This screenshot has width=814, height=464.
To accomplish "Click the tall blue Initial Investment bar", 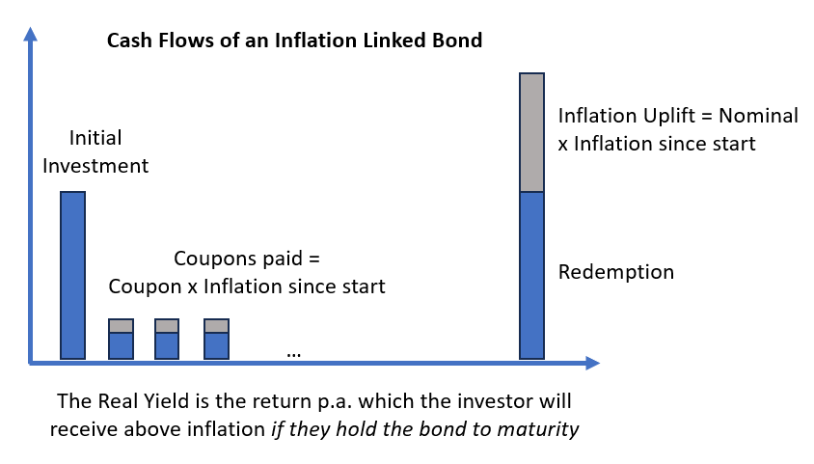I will pyautogui.click(x=72, y=275).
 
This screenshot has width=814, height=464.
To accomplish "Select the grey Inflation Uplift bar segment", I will pyautogui.click(x=532, y=132).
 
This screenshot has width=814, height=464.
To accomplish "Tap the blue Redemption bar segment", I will pyautogui.click(x=532, y=275).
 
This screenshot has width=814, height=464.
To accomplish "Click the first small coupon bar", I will pyautogui.click(x=121, y=339).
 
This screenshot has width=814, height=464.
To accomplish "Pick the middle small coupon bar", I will pyautogui.click(x=167, y=339).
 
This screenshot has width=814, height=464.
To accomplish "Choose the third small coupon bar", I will pyautogui.click(x=216, y=339).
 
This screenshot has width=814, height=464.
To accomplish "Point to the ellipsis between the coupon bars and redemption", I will pyautogui.click(x=294, y=353).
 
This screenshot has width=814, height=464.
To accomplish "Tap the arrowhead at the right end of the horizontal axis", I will pyautogui.click(x=591, y=364).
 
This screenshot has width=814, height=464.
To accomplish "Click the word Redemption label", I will pyautogui.click(x=615, y=271).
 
